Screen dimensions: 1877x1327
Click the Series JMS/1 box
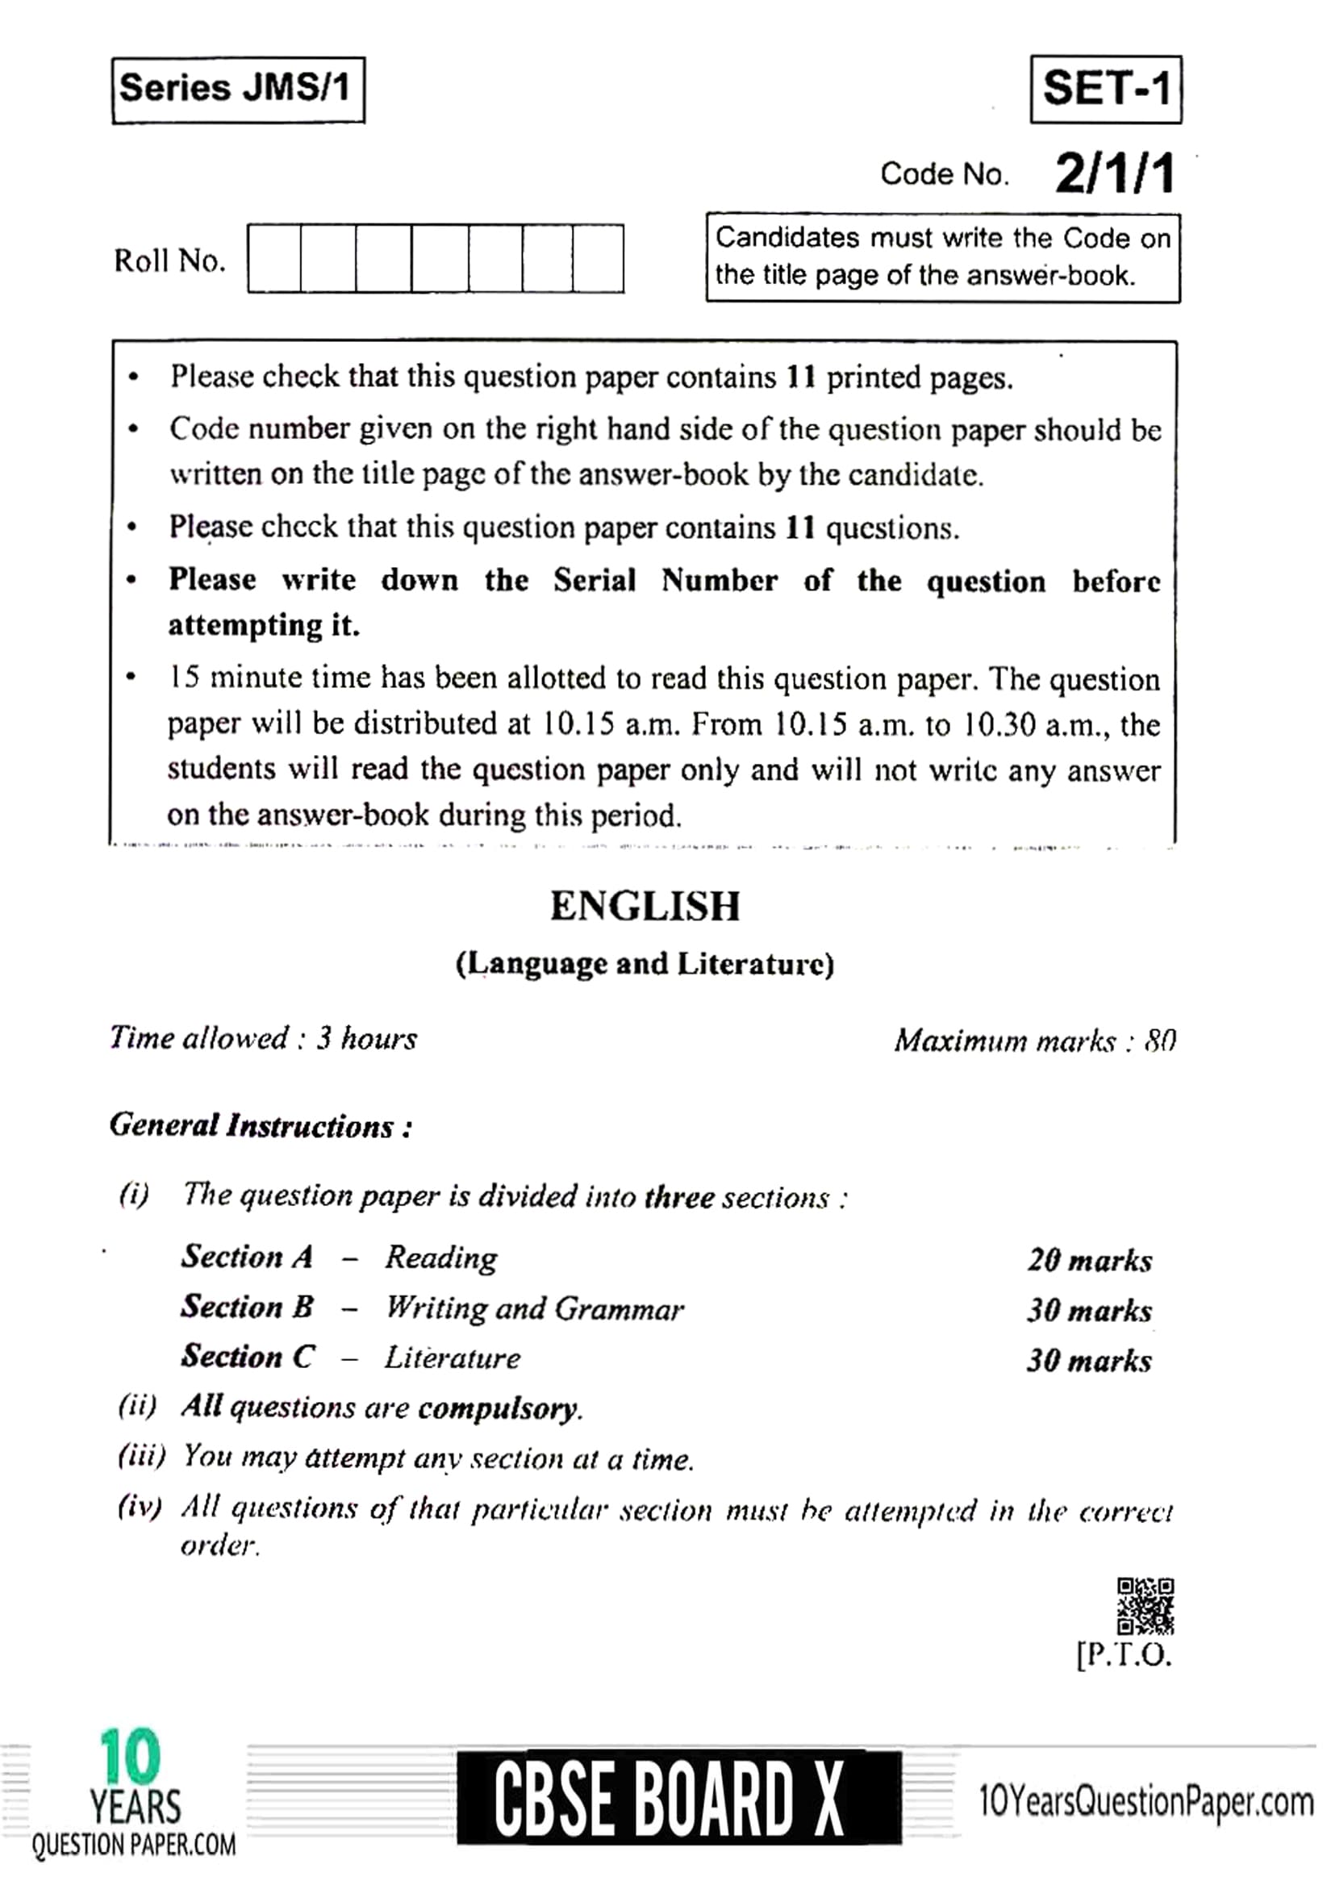point(237,89)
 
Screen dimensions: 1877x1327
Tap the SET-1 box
point(1105,89)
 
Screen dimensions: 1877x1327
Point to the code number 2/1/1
point(1114,173)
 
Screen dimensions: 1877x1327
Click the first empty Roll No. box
point(275,259)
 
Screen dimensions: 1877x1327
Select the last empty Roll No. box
point(598,259)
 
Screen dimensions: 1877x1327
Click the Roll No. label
point(169,261)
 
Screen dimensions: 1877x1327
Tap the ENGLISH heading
point(645,906)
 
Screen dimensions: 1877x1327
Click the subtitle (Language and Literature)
point(645,964)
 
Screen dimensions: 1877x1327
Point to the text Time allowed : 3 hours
point(263,1038)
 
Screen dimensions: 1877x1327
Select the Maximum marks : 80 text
point(1034,1041)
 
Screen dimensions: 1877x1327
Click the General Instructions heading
point(261,1126)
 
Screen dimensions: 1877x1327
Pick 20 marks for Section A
point(1089,1260)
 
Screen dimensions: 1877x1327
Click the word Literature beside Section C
point(452,1358)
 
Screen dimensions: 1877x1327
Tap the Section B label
point(247,1307)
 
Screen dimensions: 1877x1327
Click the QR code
point(1145,1606)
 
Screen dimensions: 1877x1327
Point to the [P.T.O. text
point(1125,1654)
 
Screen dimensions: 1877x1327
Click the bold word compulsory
point(499,1408)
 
